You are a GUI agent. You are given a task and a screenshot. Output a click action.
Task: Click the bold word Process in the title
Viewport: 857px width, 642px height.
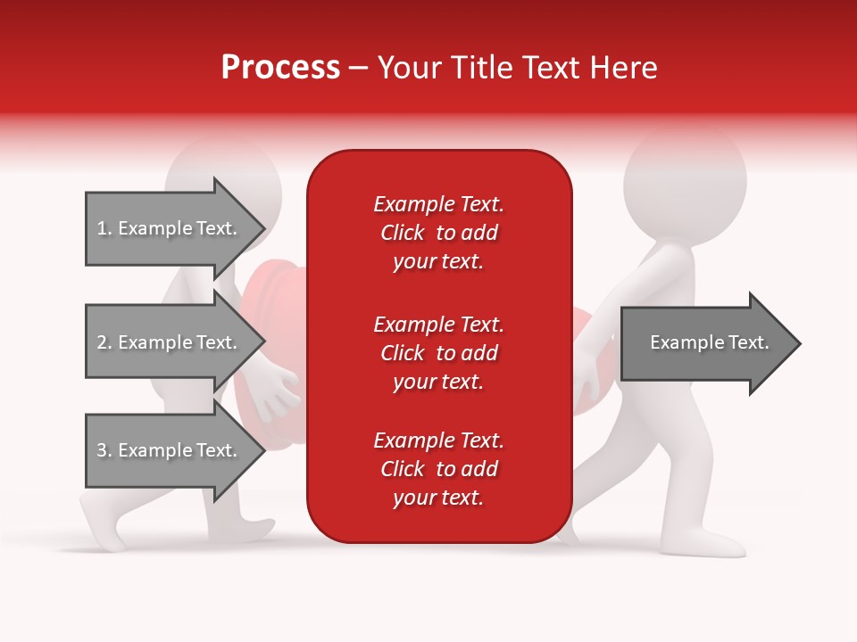point(280,68)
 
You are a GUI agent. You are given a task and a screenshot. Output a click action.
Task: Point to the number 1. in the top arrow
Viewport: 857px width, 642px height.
point(104,228)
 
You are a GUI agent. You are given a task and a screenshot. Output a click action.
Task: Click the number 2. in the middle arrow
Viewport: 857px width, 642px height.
point(104,342)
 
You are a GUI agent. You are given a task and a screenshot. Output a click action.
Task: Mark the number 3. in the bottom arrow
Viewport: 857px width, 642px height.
point(104,450)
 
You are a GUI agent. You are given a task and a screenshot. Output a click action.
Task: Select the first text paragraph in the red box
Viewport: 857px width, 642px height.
point(438,233)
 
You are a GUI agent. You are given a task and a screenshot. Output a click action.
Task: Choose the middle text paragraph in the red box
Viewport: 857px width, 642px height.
point(438,353)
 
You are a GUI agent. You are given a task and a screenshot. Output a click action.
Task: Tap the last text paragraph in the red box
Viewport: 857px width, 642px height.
point(438,469)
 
